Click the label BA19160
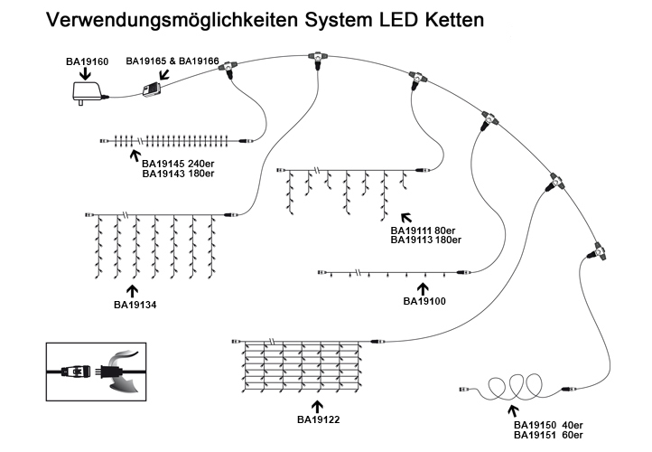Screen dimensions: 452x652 87,61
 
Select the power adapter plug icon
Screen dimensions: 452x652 87,92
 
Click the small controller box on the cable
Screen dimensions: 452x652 151,89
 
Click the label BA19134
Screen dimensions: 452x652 135,305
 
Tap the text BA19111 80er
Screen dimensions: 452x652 425,231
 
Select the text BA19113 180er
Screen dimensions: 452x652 427,240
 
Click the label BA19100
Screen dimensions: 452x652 424,300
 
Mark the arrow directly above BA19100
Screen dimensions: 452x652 424,287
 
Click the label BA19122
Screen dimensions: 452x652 318,419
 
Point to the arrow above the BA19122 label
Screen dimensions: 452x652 317,406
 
